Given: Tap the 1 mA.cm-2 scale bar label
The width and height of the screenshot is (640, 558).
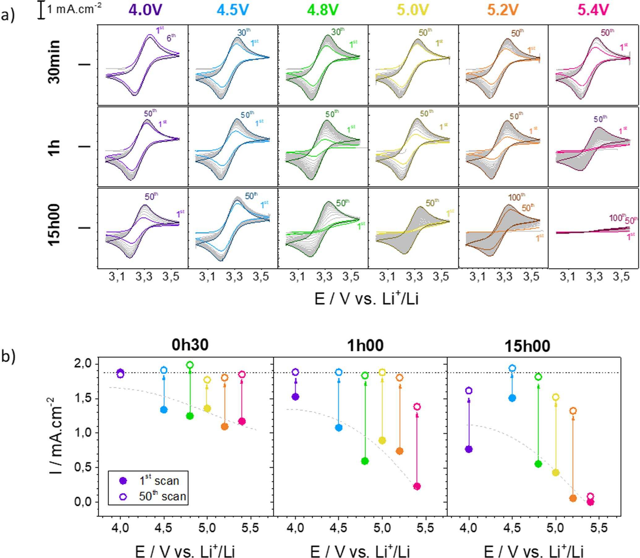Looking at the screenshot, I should pos(74,9).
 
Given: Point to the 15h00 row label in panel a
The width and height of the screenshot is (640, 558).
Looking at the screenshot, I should pos(54,225).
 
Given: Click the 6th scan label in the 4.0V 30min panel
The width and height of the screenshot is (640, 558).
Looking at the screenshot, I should pos(171,38).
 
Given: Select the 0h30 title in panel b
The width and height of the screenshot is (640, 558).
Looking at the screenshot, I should pos(190,345).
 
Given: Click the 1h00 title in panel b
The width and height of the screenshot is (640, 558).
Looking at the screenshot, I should pos(365,346).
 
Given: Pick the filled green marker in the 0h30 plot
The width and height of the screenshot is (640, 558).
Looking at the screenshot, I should pos(190,416).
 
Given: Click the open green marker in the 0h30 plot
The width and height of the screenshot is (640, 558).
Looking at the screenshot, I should pos(190,365).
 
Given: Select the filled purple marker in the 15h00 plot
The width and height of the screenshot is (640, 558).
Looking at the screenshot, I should pos(469,449).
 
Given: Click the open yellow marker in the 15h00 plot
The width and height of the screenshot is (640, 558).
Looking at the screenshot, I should pos(556,397).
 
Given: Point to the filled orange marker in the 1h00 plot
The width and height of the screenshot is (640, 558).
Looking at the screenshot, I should pos(400,451).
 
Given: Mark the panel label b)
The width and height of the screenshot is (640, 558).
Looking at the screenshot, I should pos(8,356).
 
